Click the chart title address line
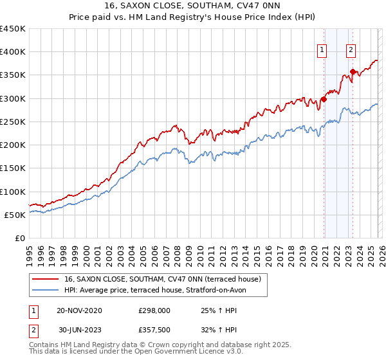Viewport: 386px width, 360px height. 193,5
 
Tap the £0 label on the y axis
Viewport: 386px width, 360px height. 19,239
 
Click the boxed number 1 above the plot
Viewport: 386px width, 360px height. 321,51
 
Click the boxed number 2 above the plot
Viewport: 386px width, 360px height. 351,51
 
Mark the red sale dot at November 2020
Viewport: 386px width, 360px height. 324,99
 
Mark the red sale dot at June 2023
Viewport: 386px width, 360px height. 353,71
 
